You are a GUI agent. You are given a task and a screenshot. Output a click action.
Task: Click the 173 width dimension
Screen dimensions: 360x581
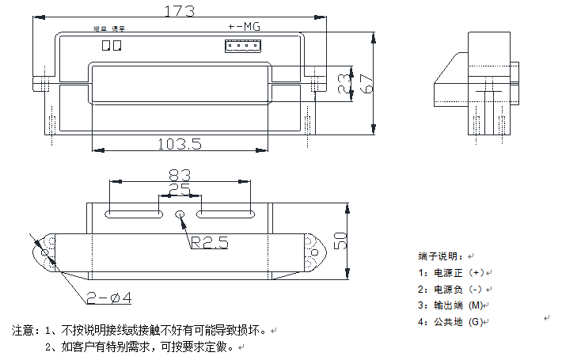pos(178,11)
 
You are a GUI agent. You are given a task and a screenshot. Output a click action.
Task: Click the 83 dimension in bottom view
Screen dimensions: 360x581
pos(180,174)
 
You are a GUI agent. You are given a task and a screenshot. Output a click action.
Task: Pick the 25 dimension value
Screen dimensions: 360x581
pos(179,190)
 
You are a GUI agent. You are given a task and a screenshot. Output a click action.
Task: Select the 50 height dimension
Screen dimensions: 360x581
pos(342,241)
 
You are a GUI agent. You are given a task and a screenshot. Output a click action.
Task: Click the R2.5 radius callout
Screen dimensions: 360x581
pos(209,243)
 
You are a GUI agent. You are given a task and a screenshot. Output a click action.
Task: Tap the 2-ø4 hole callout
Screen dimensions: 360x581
pos(108,297)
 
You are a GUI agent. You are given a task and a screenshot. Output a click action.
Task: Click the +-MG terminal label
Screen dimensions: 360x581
pos(244,27)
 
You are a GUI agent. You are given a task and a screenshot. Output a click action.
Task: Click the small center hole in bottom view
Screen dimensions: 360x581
pos(180,214)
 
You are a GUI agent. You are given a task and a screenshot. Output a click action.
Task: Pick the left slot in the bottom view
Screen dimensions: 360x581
pos(133,214)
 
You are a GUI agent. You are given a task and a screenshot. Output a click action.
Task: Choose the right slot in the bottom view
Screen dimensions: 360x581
pos(225,214)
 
